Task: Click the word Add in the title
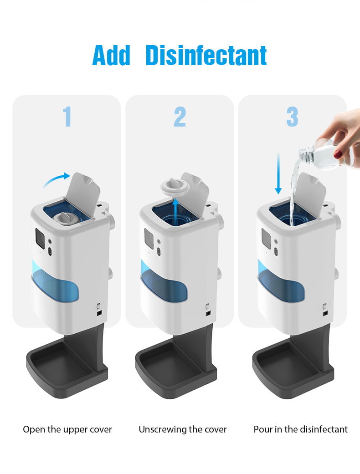(111, 55)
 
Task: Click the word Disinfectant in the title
(206, 55)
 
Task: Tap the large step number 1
(67, 117)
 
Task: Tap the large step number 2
(180, 117)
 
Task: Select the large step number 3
(292, 117)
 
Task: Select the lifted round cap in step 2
(175, 187)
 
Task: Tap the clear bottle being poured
(327, 155)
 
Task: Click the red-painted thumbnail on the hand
(338, 154)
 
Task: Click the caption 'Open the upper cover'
(67, 429)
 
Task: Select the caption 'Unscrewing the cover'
(182, 429)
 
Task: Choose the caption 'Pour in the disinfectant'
(300, 429)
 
